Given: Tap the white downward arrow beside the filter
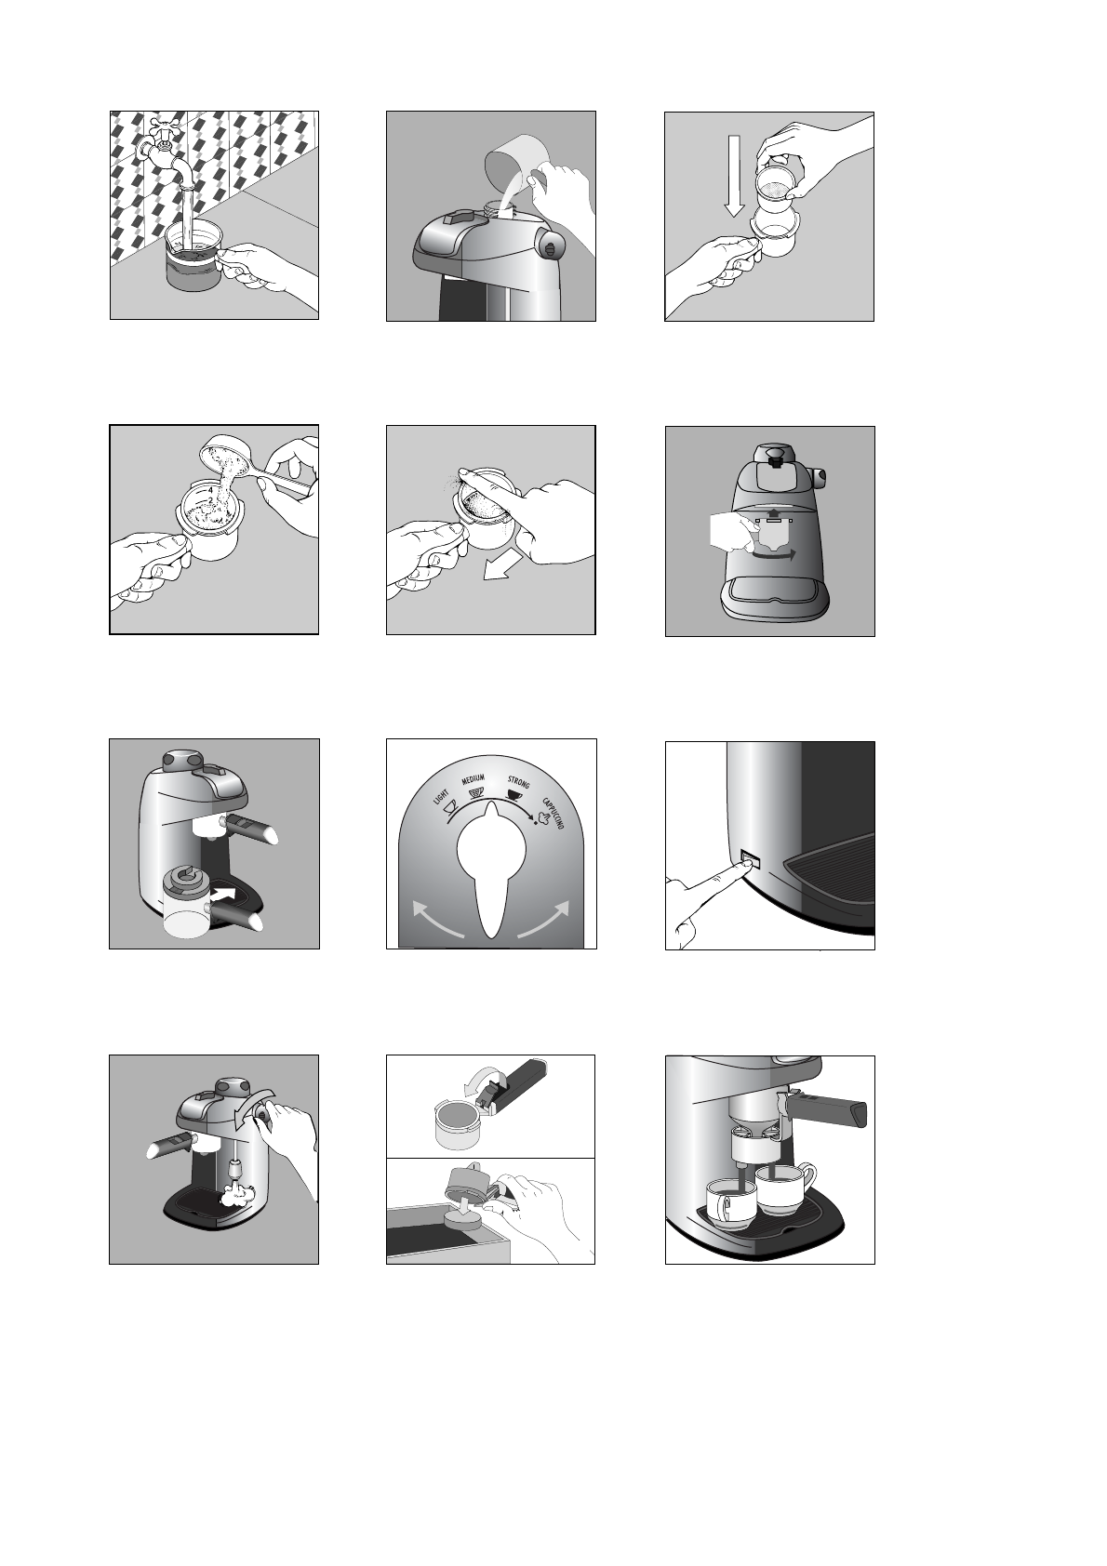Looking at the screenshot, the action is (734, 176).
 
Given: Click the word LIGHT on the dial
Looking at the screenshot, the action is (441, 799).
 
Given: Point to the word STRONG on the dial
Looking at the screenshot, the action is (518, 781).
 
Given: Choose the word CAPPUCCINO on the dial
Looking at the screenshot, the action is (553, 813).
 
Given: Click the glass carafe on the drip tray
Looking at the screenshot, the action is (186, 902).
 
